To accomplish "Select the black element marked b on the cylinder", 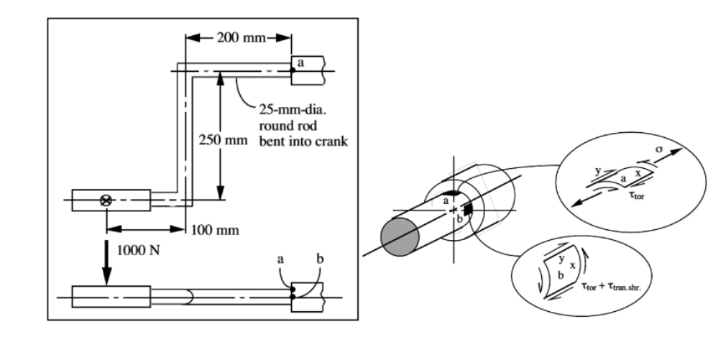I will [468, 209].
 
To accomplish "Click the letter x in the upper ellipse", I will [638, 172].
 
